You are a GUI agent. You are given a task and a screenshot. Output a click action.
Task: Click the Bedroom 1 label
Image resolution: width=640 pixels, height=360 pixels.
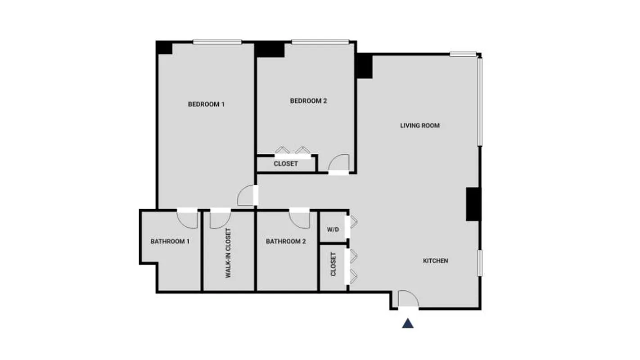pos(206,104)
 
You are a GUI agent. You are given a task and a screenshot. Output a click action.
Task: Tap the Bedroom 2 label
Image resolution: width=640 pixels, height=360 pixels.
pos(308,101)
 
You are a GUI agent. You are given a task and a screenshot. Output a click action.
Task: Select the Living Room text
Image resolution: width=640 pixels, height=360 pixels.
pos(419,126)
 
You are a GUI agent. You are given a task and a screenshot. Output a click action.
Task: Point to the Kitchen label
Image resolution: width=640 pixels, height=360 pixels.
pos(435,261)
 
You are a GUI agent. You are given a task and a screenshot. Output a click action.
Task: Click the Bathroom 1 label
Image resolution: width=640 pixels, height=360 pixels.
pos(170,242)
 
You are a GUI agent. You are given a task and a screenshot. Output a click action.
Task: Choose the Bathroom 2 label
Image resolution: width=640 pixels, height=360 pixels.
pos(286,242)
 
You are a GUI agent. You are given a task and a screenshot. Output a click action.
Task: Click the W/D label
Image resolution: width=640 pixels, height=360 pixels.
pos(333,229)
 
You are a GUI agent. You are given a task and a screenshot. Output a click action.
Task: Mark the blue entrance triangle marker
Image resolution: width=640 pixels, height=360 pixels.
pos(408,323)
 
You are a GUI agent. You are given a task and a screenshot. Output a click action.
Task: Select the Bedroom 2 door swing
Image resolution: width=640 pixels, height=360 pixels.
pos(339,162)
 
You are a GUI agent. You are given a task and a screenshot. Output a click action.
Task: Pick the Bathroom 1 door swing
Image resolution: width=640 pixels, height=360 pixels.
pos(188,218)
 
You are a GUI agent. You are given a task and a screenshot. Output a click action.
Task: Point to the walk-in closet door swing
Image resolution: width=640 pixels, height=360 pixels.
pos(220,218)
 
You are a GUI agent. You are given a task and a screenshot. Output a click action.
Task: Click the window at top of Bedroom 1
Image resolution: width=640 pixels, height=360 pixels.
pos(218,42)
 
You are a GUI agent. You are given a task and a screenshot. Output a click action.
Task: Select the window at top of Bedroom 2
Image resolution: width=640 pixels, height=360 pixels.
pos(320,42)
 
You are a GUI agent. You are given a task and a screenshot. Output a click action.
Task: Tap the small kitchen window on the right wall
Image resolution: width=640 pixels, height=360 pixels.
pos(480,263)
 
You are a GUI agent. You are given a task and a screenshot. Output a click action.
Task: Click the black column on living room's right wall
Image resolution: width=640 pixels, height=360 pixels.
pos(473,204)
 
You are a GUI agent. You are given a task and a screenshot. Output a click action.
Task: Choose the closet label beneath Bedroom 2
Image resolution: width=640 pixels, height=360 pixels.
pos(286,164)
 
